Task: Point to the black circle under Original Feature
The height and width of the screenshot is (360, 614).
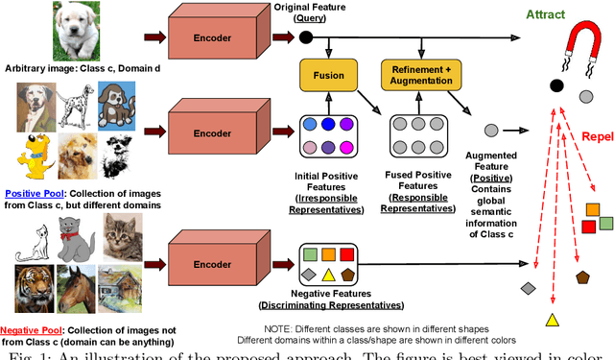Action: [306, 37]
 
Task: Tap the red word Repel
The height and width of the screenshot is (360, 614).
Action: [594, 136]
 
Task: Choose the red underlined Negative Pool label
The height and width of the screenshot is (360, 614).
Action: [32, 328]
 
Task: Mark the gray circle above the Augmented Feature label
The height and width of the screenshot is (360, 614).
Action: [490, 130]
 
